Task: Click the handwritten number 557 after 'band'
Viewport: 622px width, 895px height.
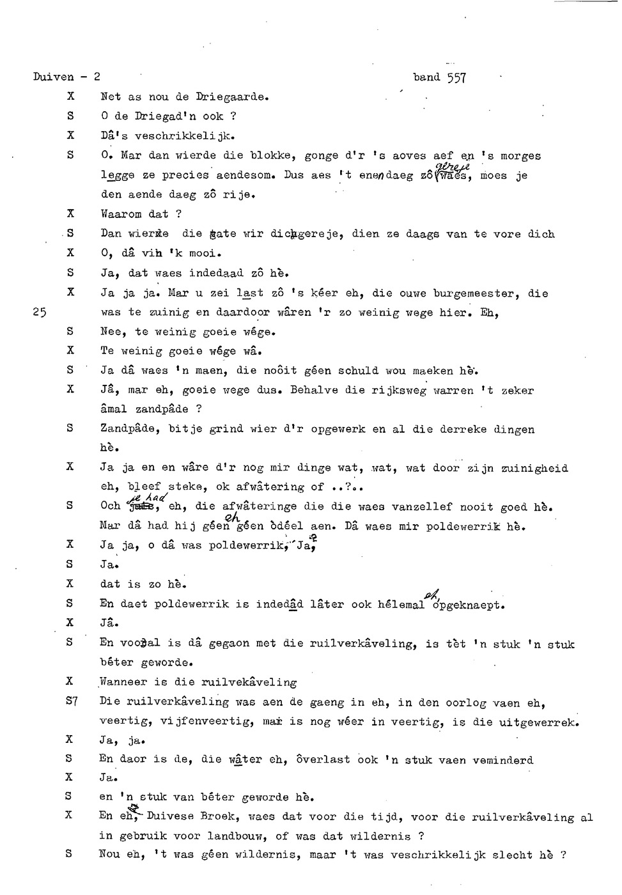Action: point(456,78)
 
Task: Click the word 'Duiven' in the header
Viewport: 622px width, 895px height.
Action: point(54,77)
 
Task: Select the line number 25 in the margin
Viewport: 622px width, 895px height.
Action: point(39,313)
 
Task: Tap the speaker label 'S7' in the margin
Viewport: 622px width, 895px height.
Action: point(72,701)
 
